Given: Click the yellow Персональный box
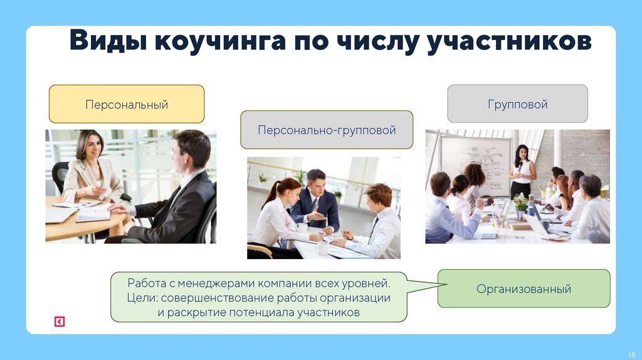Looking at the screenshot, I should pyautogui.click(x=127, y=104).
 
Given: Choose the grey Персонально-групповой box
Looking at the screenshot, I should pyautogui.click(x=327, y=130).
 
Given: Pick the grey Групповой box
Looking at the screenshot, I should pyautogui.click(x=517, y=103).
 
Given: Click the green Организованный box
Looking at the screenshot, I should pyautogui.click(x=524, y=289).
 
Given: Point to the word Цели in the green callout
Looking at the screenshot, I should pyautogui.click(x=139, y=298).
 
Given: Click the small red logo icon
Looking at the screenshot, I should pyautogui.click(x=59, y=322).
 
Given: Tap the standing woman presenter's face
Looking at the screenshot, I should pyautogui.click(x=521, y=152).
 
